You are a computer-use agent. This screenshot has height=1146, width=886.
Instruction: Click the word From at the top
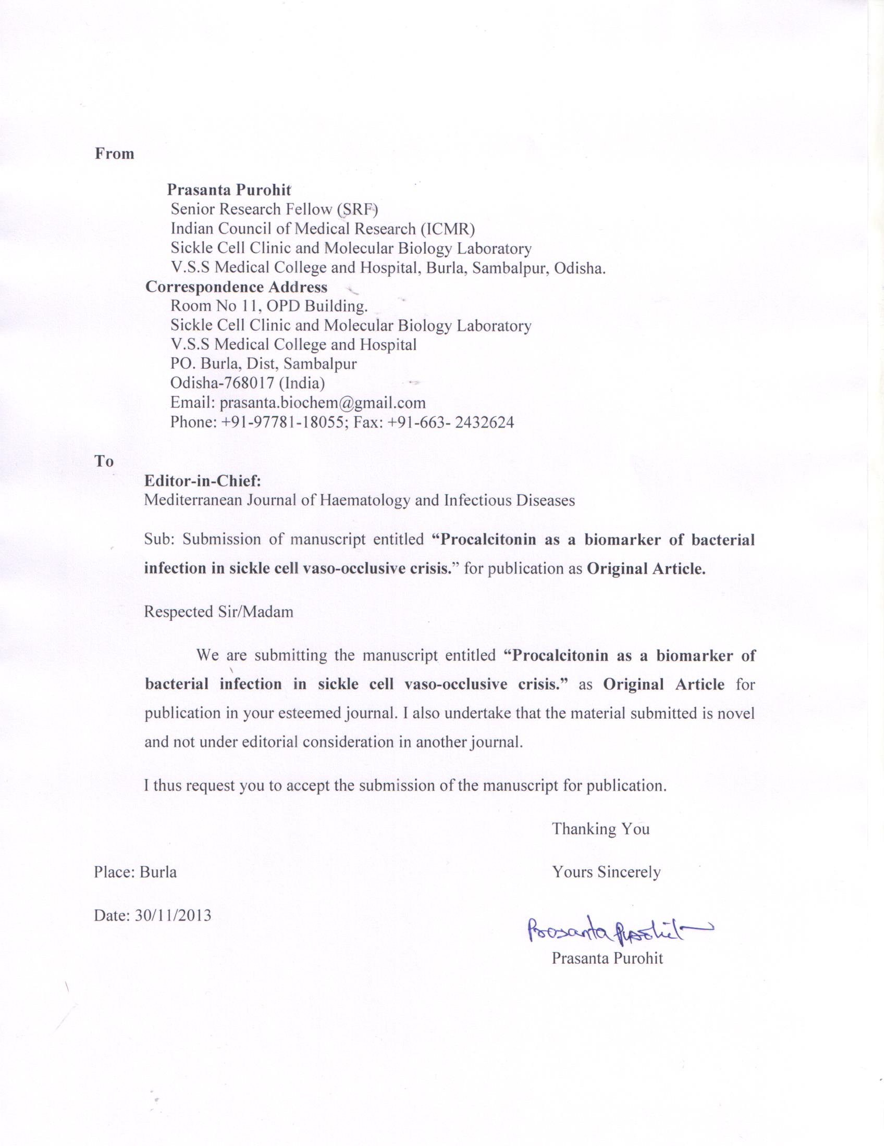[115, 154]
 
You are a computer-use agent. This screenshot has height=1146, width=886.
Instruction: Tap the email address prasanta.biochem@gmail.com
[322, 403]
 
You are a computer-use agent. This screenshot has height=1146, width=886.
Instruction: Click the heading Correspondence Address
[236, 287]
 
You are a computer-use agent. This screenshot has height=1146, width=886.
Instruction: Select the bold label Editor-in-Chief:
[203, 481]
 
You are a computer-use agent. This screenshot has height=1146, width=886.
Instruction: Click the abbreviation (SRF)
[358, 209]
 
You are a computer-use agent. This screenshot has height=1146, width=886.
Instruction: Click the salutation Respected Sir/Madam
[218, 612]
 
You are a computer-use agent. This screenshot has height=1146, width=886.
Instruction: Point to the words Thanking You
[600, 829]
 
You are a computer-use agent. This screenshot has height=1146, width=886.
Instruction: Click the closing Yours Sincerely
[606, 872]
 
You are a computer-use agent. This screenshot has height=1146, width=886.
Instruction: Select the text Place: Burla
[136, 872]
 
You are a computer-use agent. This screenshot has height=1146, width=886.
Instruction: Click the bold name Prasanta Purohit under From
[229, 190]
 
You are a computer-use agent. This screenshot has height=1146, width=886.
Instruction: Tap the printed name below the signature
[607, 958]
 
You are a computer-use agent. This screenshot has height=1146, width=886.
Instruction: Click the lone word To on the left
[104, 461]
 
